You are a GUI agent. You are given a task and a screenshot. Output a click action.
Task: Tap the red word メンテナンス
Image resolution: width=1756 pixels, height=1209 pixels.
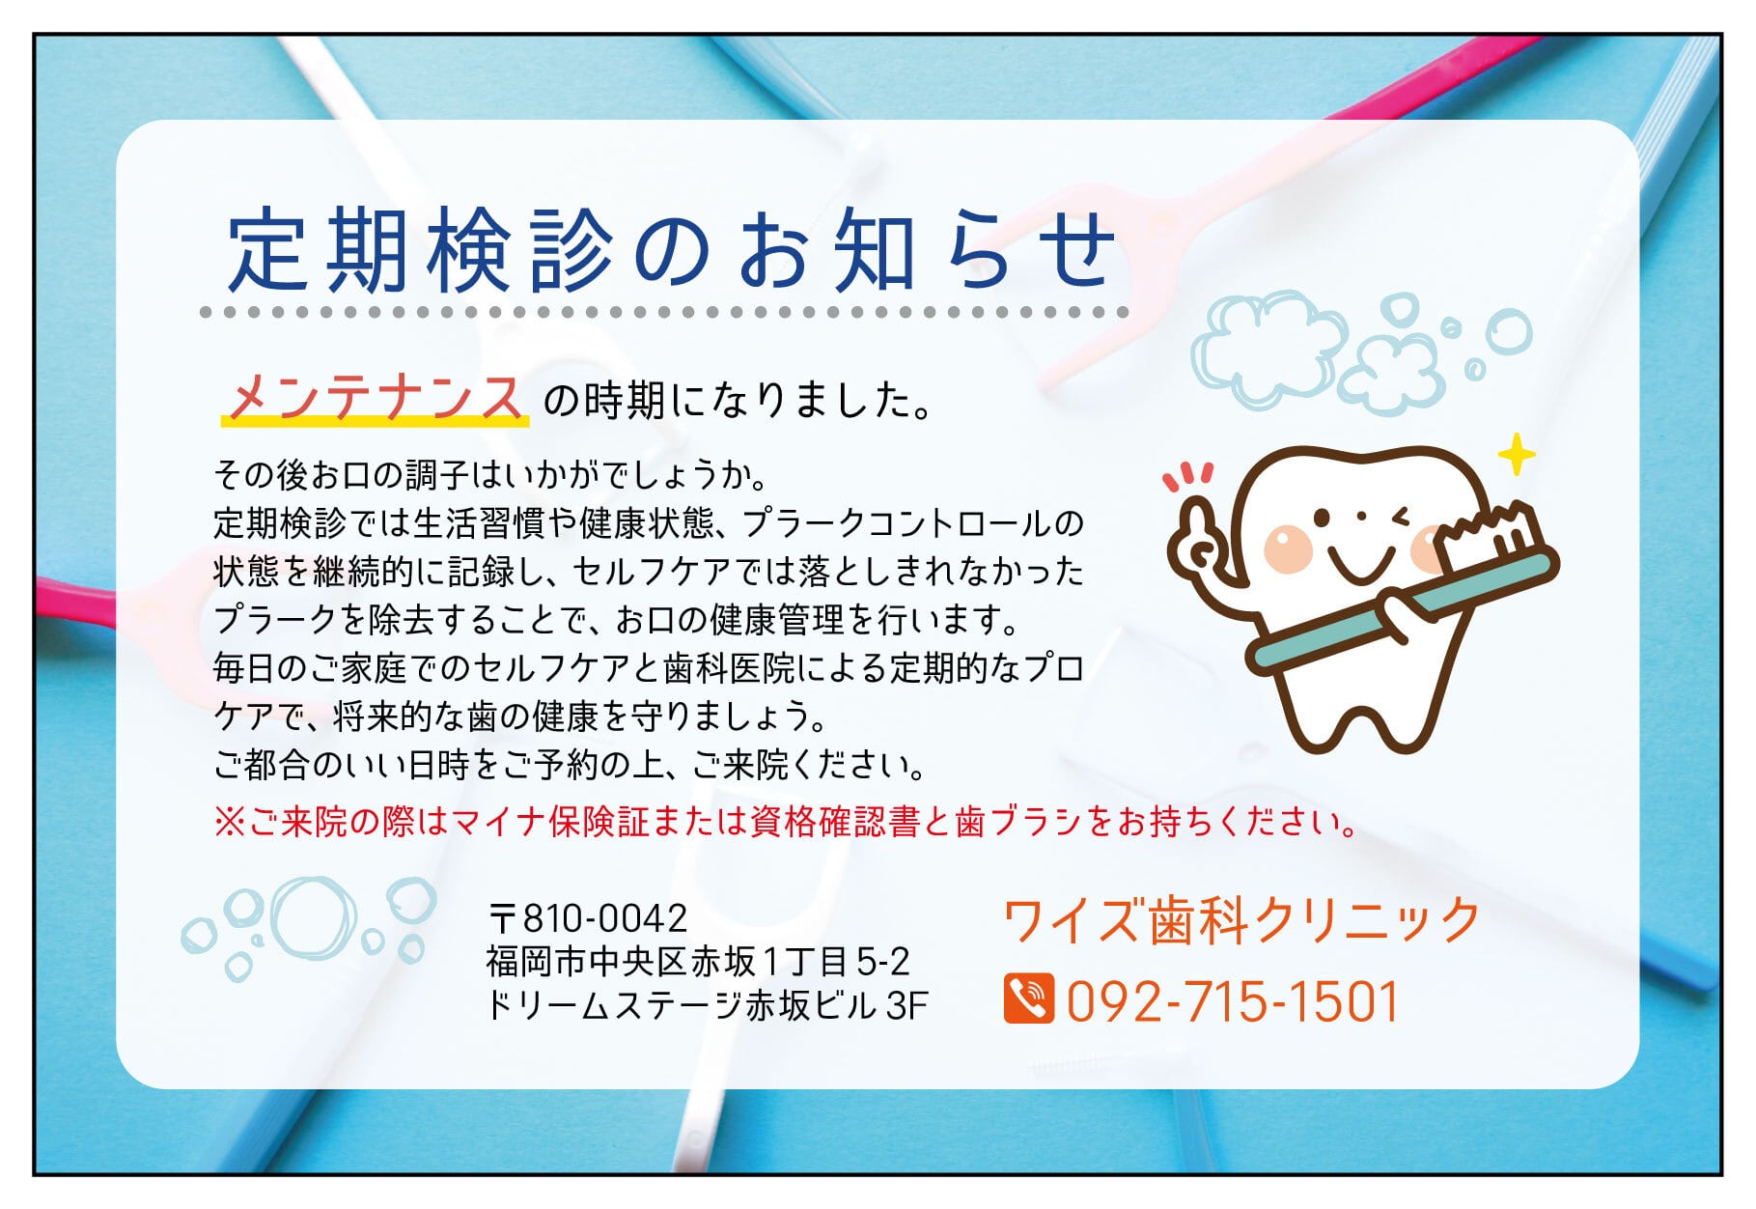coord(376,396)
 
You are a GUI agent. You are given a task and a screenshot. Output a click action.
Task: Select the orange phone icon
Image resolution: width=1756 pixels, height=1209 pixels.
coord(1028,998)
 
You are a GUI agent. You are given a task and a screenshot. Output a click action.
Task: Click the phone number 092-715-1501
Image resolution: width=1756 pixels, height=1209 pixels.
coord(1233,1000)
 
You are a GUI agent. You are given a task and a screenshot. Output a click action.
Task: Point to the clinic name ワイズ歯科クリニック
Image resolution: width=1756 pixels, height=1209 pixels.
coord(1241,920)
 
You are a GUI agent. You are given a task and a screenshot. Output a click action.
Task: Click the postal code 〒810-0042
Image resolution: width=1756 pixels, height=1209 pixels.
coord(588,916)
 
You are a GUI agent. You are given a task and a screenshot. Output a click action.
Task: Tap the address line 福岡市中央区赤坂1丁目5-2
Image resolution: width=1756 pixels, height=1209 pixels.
coord(698,962)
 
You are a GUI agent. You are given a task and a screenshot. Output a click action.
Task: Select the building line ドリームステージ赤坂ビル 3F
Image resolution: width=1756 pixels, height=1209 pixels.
coord(707,1005)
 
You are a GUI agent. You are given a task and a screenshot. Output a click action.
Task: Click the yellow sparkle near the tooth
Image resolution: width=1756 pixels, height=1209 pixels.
coord(1517,454)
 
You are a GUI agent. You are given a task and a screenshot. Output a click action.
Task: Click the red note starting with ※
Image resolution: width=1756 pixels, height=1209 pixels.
coord(786,822)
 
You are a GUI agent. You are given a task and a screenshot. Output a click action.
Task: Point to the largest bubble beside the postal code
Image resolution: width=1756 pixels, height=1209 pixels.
coord(315,917)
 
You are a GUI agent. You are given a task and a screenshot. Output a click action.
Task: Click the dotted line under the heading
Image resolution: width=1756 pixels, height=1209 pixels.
coord(664,312)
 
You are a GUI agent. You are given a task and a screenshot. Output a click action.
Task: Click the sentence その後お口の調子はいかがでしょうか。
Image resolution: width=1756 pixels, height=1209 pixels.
coord(490,475)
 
